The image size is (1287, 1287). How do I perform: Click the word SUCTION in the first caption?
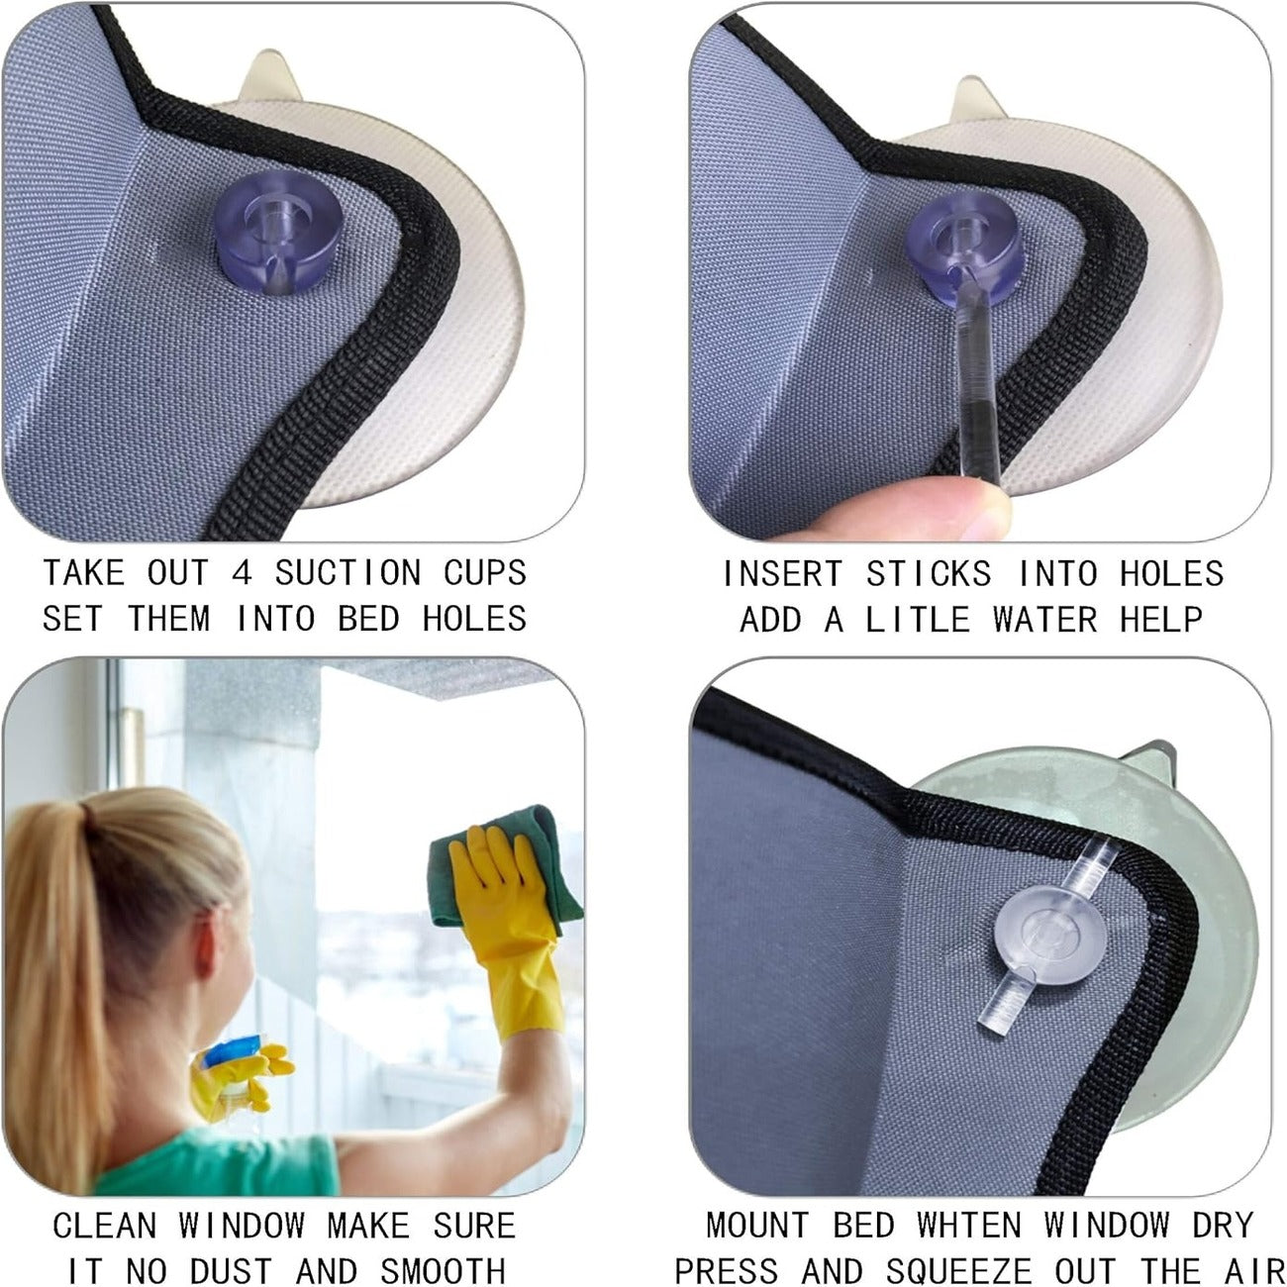347,573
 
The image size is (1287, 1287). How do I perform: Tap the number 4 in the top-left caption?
242,573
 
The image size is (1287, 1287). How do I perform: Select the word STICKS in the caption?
929,574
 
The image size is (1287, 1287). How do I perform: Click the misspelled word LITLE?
917,619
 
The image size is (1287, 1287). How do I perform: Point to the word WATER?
1044,619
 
